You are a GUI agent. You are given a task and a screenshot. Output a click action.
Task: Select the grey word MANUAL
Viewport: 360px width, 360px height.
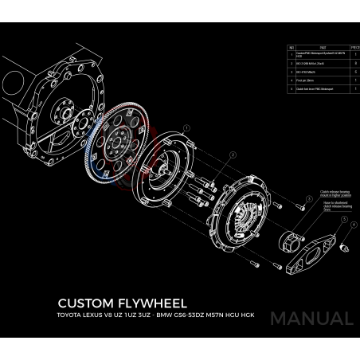pos(311,319)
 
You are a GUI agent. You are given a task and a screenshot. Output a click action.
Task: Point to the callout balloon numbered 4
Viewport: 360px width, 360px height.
pos(354,225)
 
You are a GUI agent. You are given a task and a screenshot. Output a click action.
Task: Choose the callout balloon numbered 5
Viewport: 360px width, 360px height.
pos(344,217)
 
